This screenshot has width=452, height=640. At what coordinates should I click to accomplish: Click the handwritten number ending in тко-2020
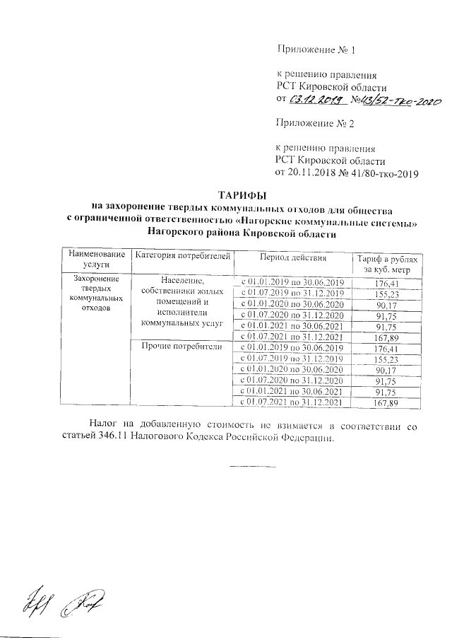401,101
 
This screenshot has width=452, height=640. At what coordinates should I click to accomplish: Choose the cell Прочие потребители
182,347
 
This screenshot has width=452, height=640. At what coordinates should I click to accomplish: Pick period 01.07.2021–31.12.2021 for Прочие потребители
292,402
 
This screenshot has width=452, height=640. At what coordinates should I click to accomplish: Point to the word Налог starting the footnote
97,424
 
